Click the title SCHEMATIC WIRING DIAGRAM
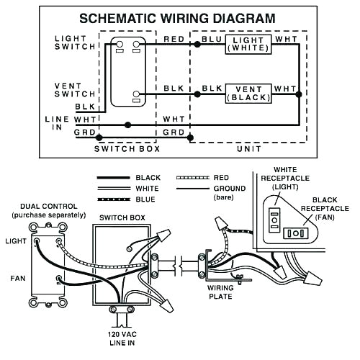tap(177, 19)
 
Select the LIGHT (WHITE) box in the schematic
tap(248, 44)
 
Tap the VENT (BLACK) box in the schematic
tap(248, 94)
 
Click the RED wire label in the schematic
tap(174, 39)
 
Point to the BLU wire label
tap(212, 39)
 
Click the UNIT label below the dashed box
tap(249, 149)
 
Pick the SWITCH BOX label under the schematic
tap(127, 149)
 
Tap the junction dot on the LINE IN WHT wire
tap(128, 125)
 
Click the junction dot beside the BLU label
tap(197, 44)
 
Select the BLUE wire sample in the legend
tap(114, 199)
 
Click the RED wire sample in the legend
tap(193, 178)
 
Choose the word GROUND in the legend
tap(230, 189)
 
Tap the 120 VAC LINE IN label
tap(122, 338)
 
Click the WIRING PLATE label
tap(220, 292)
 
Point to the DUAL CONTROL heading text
tap(49, 207)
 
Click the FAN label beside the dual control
tap(18, 279)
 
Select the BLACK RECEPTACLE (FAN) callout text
tap(325, 208)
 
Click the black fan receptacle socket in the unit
tap(296, 233)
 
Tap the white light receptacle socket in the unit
tap(274, 220)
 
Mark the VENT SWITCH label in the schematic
tap(75, 90)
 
